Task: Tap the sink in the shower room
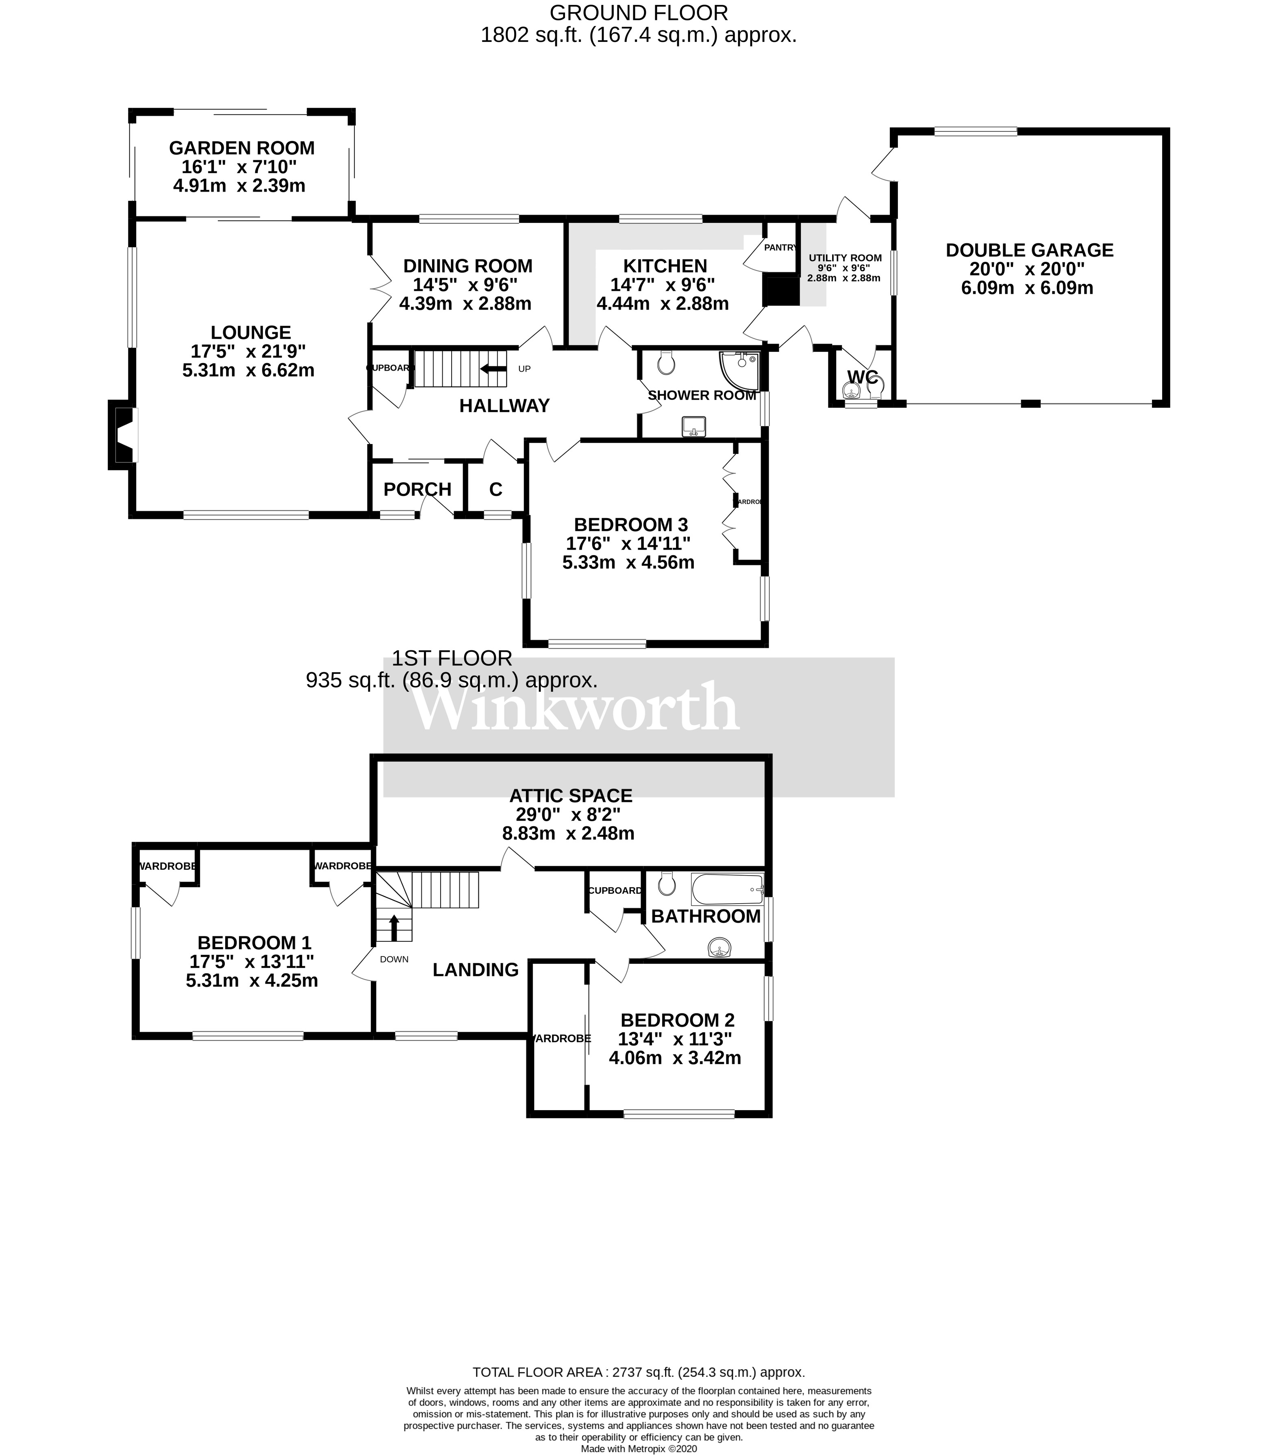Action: pyautogui.click(x=694, y=427)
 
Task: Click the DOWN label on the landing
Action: pyautogui.click(x=393, y=959)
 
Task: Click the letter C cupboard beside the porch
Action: pyautogui.click(x=495, y=489)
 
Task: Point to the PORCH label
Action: pyautogui.click(x=417, y=489)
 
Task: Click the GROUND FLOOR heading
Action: pyautogui.click(x=638, y=13)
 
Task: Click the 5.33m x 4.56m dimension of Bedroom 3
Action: pyautogui.click(x=628, y=562)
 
